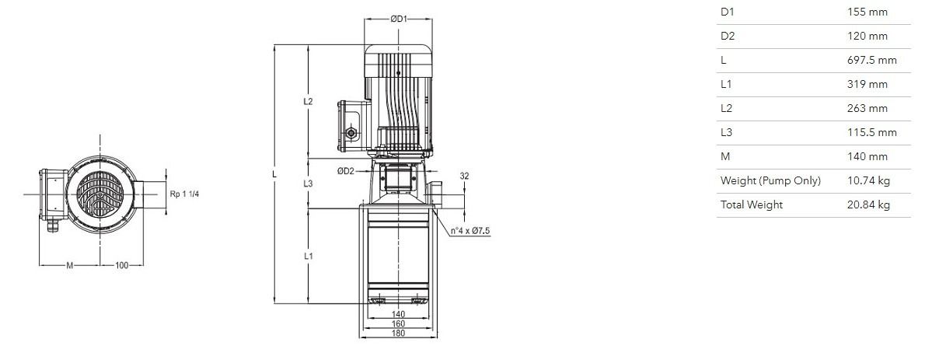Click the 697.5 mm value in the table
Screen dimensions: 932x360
(x=871, y=60)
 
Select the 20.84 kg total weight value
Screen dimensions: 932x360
(x=868, y=204)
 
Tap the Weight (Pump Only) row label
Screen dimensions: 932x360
(x=770, y=181)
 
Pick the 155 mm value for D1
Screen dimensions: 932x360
(x=867, y=12)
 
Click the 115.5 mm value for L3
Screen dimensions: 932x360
(x=871, y=133)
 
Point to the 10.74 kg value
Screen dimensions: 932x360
(x=868, y=181)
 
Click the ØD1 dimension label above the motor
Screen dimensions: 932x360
(x=398, y=19)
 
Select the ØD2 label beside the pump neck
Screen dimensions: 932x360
(x=346, y=171)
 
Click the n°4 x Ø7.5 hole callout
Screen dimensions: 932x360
(x=470, y=231)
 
